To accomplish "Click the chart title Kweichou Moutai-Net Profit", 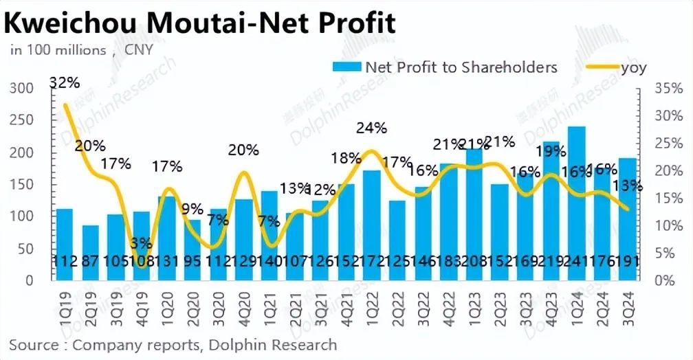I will pos(200,23).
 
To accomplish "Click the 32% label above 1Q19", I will pos(65,83).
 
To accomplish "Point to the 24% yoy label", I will pos(372,128).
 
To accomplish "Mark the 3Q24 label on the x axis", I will pos(628,302).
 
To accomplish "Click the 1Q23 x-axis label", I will pos(475,302).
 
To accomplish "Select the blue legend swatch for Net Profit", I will pos(346,67).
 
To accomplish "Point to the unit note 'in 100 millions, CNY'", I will pos(80,49).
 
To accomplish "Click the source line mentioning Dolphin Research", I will pos(173,344).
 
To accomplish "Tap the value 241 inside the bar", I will pos(576,262).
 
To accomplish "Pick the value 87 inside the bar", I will pos(90,262).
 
